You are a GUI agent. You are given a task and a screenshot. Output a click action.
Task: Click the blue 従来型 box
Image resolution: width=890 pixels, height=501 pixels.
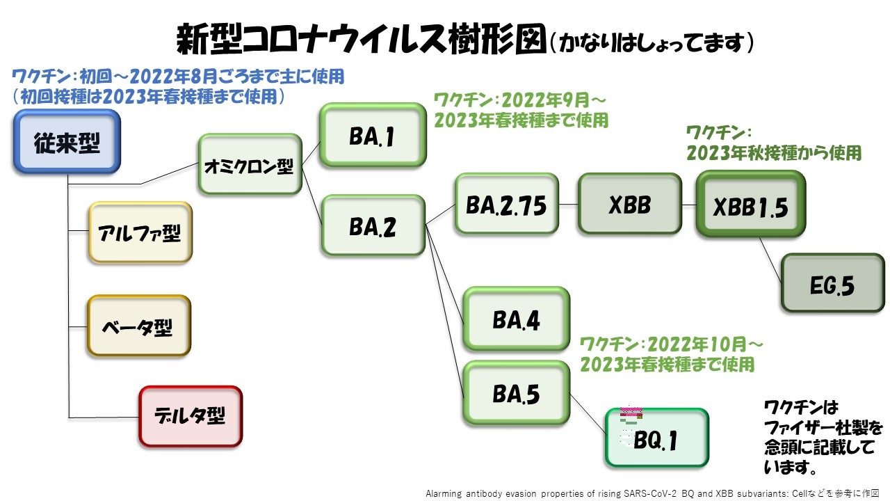(67, 143)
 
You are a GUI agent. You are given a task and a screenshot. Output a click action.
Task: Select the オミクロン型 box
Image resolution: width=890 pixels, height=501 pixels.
(250, 167)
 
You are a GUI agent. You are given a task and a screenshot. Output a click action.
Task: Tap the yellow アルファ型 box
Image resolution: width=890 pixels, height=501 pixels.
(139, 233)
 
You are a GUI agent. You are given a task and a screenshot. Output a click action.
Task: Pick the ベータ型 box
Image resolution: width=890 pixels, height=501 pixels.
(138, 326)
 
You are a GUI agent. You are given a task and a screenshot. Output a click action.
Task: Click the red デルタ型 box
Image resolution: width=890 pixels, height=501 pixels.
(191, 416)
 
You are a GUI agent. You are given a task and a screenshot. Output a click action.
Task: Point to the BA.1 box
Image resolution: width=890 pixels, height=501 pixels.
(372, 136)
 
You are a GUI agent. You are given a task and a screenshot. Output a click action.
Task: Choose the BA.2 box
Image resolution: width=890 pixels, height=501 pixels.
(373, 226)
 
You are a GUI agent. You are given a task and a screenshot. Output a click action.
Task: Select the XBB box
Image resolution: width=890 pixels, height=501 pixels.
(629, 204)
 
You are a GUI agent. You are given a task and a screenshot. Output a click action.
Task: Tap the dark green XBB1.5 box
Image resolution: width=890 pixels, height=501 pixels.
(750, 205)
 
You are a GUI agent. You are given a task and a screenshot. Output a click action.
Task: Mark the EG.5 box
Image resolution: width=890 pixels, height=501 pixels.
(832, 283)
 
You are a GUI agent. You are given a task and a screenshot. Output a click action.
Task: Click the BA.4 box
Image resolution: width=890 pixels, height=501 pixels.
(517, 319)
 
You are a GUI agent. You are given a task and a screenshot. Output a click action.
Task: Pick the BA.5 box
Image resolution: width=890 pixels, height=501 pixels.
(517, 394)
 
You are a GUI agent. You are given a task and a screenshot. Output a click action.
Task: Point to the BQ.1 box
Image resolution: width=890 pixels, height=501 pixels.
(656, 438)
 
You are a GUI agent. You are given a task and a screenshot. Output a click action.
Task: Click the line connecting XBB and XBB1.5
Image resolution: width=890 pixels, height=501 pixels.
(689, 205)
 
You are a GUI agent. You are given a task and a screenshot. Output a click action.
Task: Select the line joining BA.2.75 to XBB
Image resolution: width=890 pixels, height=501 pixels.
(569, 205)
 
